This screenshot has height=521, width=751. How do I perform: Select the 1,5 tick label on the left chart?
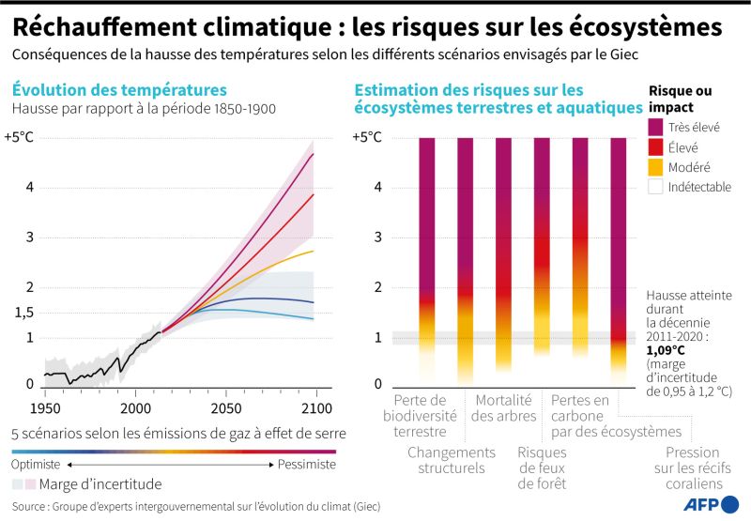click(x=23, y=313)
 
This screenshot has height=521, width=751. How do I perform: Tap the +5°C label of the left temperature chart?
click(x=20, y=137)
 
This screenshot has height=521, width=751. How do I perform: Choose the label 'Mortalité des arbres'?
click(x=504, y=408)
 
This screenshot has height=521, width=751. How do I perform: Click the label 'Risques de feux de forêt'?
click(x=542, y=467)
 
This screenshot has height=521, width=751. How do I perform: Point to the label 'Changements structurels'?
click(x=446, y=459)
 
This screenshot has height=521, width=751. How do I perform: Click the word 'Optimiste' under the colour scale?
click(x=36, y=465)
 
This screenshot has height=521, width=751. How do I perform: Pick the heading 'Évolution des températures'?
click(x=119, y=90)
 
